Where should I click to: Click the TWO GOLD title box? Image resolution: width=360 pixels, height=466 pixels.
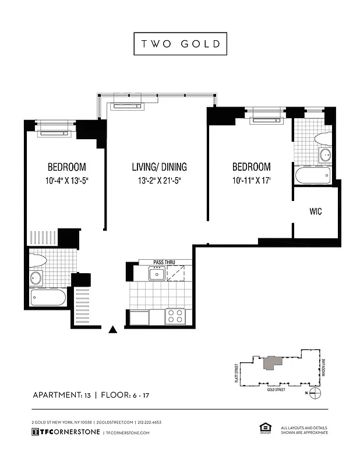180,44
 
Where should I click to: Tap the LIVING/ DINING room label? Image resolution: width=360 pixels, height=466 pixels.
159,167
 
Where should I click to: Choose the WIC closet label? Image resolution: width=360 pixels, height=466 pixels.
315,211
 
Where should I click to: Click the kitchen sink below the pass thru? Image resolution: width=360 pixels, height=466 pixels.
156,273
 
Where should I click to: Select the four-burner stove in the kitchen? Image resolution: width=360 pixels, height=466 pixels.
175,316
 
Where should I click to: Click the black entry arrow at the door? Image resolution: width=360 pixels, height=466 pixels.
113,330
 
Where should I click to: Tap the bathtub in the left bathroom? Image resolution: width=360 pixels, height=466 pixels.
48,299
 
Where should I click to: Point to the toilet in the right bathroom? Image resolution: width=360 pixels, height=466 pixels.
323,139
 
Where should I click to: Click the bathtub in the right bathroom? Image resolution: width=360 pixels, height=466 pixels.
313,175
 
